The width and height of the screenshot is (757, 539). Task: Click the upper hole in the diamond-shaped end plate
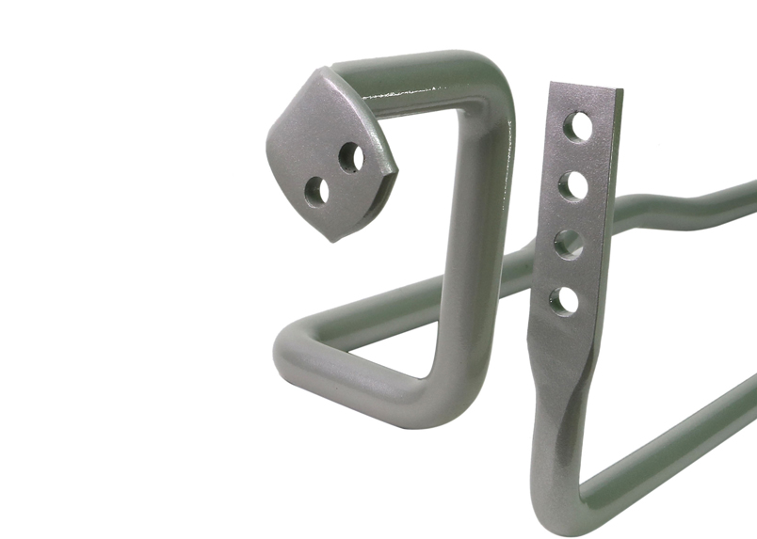tap(351, 157)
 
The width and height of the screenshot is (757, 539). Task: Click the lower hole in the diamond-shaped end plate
tap(317, 191)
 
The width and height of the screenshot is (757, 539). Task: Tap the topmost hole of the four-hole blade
tap(577, 126)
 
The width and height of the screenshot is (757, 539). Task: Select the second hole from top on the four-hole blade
tap(572, 185)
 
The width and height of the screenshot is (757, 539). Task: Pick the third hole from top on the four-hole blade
tap(568, 244)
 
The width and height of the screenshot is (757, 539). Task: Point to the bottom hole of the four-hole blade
tap(564, 300)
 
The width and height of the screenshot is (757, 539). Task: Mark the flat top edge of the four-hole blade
tap(585, 87)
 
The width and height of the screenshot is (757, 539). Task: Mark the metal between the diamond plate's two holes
tap(334, 174)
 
